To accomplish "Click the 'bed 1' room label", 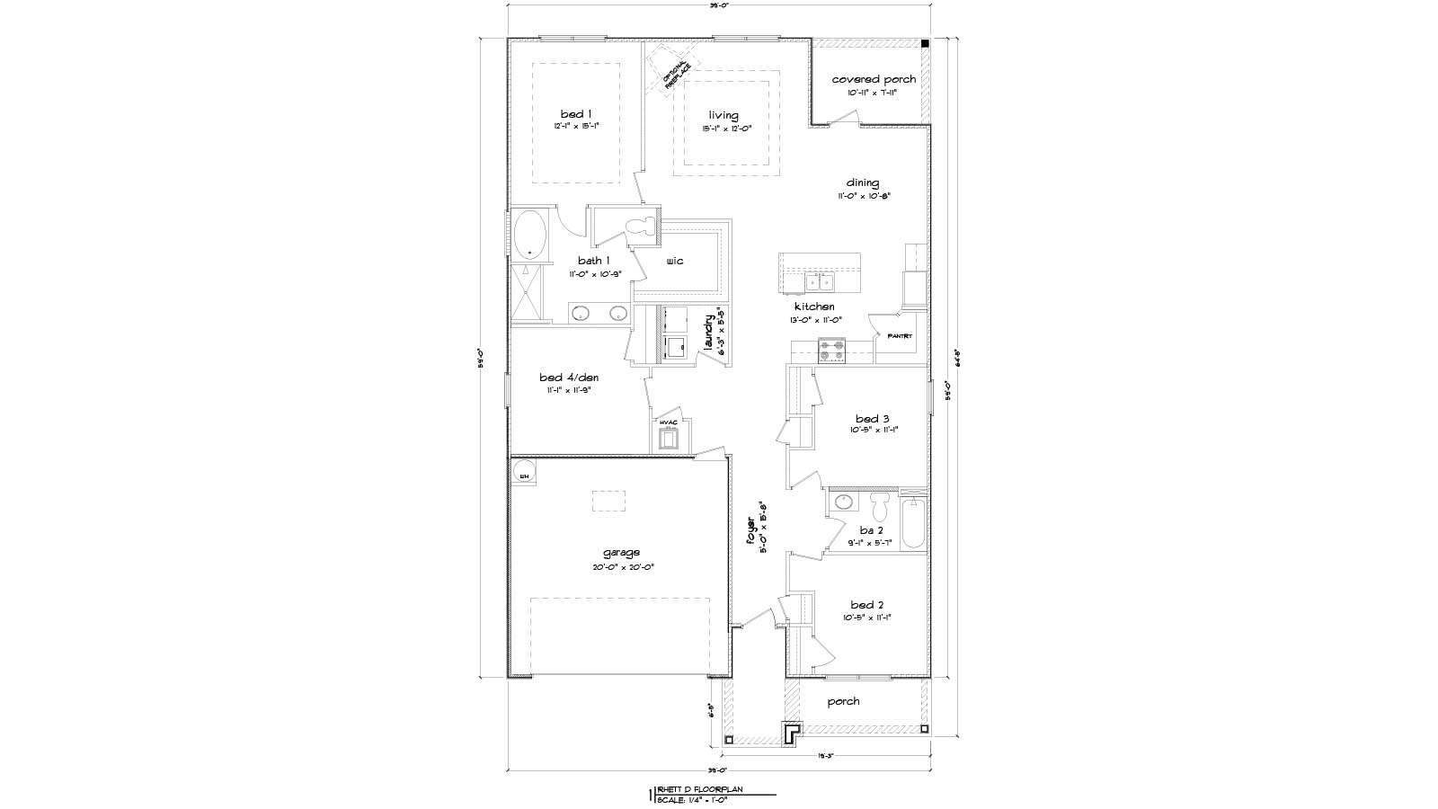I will pos(576,114).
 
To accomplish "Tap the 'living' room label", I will pos(723,115).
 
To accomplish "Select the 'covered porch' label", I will pos(874,79).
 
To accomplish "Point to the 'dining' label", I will pos(862,182).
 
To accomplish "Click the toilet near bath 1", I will pos(642,227).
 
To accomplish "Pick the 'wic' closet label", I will pos(675,261).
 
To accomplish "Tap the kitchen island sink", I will pos(819,283).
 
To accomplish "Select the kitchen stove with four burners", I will pos(831,350).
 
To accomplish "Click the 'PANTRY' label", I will pos(900,336).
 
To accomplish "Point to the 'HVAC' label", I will pos(668,422).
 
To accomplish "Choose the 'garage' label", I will pos(622,553).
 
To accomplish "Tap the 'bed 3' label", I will pos(872,419).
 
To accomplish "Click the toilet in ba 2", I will pos(880,506).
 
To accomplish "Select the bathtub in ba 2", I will pos(912,523).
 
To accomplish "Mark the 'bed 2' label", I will pos(868,605).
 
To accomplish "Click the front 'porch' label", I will pos(843,701).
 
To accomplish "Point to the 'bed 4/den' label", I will pos(569,378).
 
